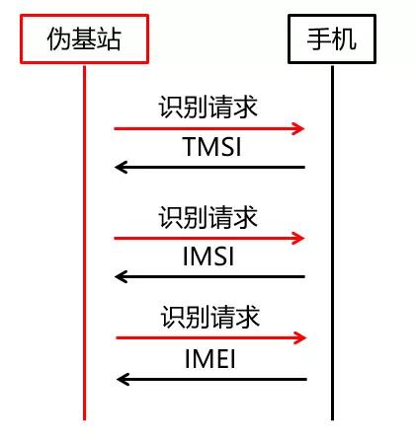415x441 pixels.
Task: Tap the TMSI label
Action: tap(212, 147)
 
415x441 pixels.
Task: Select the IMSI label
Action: tap(208, 257)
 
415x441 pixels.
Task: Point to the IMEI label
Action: tap(210, 359)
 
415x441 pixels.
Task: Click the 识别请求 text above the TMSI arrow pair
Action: tap(207, 107)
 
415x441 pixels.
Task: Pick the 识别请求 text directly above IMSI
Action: tap(207, 217)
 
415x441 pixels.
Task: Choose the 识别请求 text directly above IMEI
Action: tap(210, 317)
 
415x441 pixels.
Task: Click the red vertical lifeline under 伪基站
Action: tap(84, 243)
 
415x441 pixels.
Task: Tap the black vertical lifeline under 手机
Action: tap(332, 243)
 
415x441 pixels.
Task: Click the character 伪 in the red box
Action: tap(59, 38)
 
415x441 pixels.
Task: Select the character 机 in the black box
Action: tap(345, 38)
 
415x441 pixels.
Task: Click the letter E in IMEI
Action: tap(220, 359)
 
